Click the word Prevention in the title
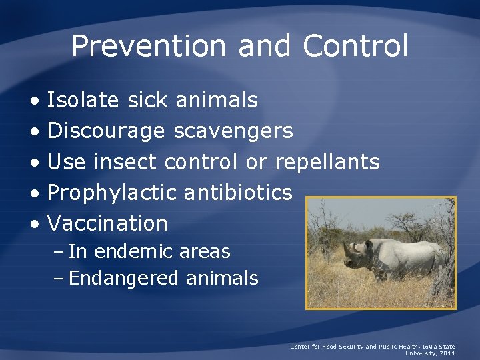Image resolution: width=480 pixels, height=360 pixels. tap(148, 47)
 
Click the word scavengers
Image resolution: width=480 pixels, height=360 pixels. tap(233, 131)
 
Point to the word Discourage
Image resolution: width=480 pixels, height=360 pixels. tap(106, 131)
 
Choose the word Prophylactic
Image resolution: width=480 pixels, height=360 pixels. tap(112, 193)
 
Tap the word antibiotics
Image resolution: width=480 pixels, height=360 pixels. tap(237, 193)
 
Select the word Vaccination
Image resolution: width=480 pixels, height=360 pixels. tap(107, 223)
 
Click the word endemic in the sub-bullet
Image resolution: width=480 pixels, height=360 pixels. tap(130, 252)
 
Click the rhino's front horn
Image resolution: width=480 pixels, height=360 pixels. tap(345, 248)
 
